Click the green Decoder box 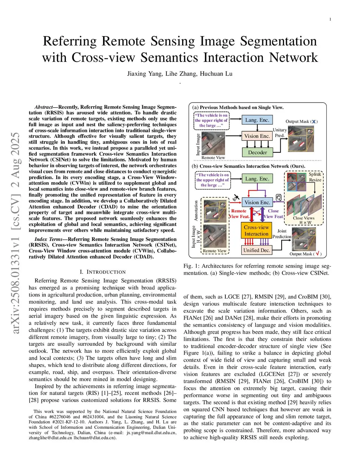click(x=257, y=152)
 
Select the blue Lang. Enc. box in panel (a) click(x=257, y=120)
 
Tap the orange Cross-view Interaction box click(x=256, y=230)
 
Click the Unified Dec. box click(x=256, y=250)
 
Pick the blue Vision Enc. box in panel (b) click(x=257, y=202)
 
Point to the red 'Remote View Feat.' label click(x=239, y=214)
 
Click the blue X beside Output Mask click(x=314, y=122)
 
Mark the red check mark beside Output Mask click(x=317, y=254)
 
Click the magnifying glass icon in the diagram click(x=278, y=198)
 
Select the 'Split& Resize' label click(x=315, y=177)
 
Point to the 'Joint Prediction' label click(x=282, y=234)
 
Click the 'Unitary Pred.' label click(x=280, y=133)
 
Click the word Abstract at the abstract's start click(x=43, y=107)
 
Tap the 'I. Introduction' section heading click(x=102, y=272)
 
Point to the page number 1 click(x=330, y=19)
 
